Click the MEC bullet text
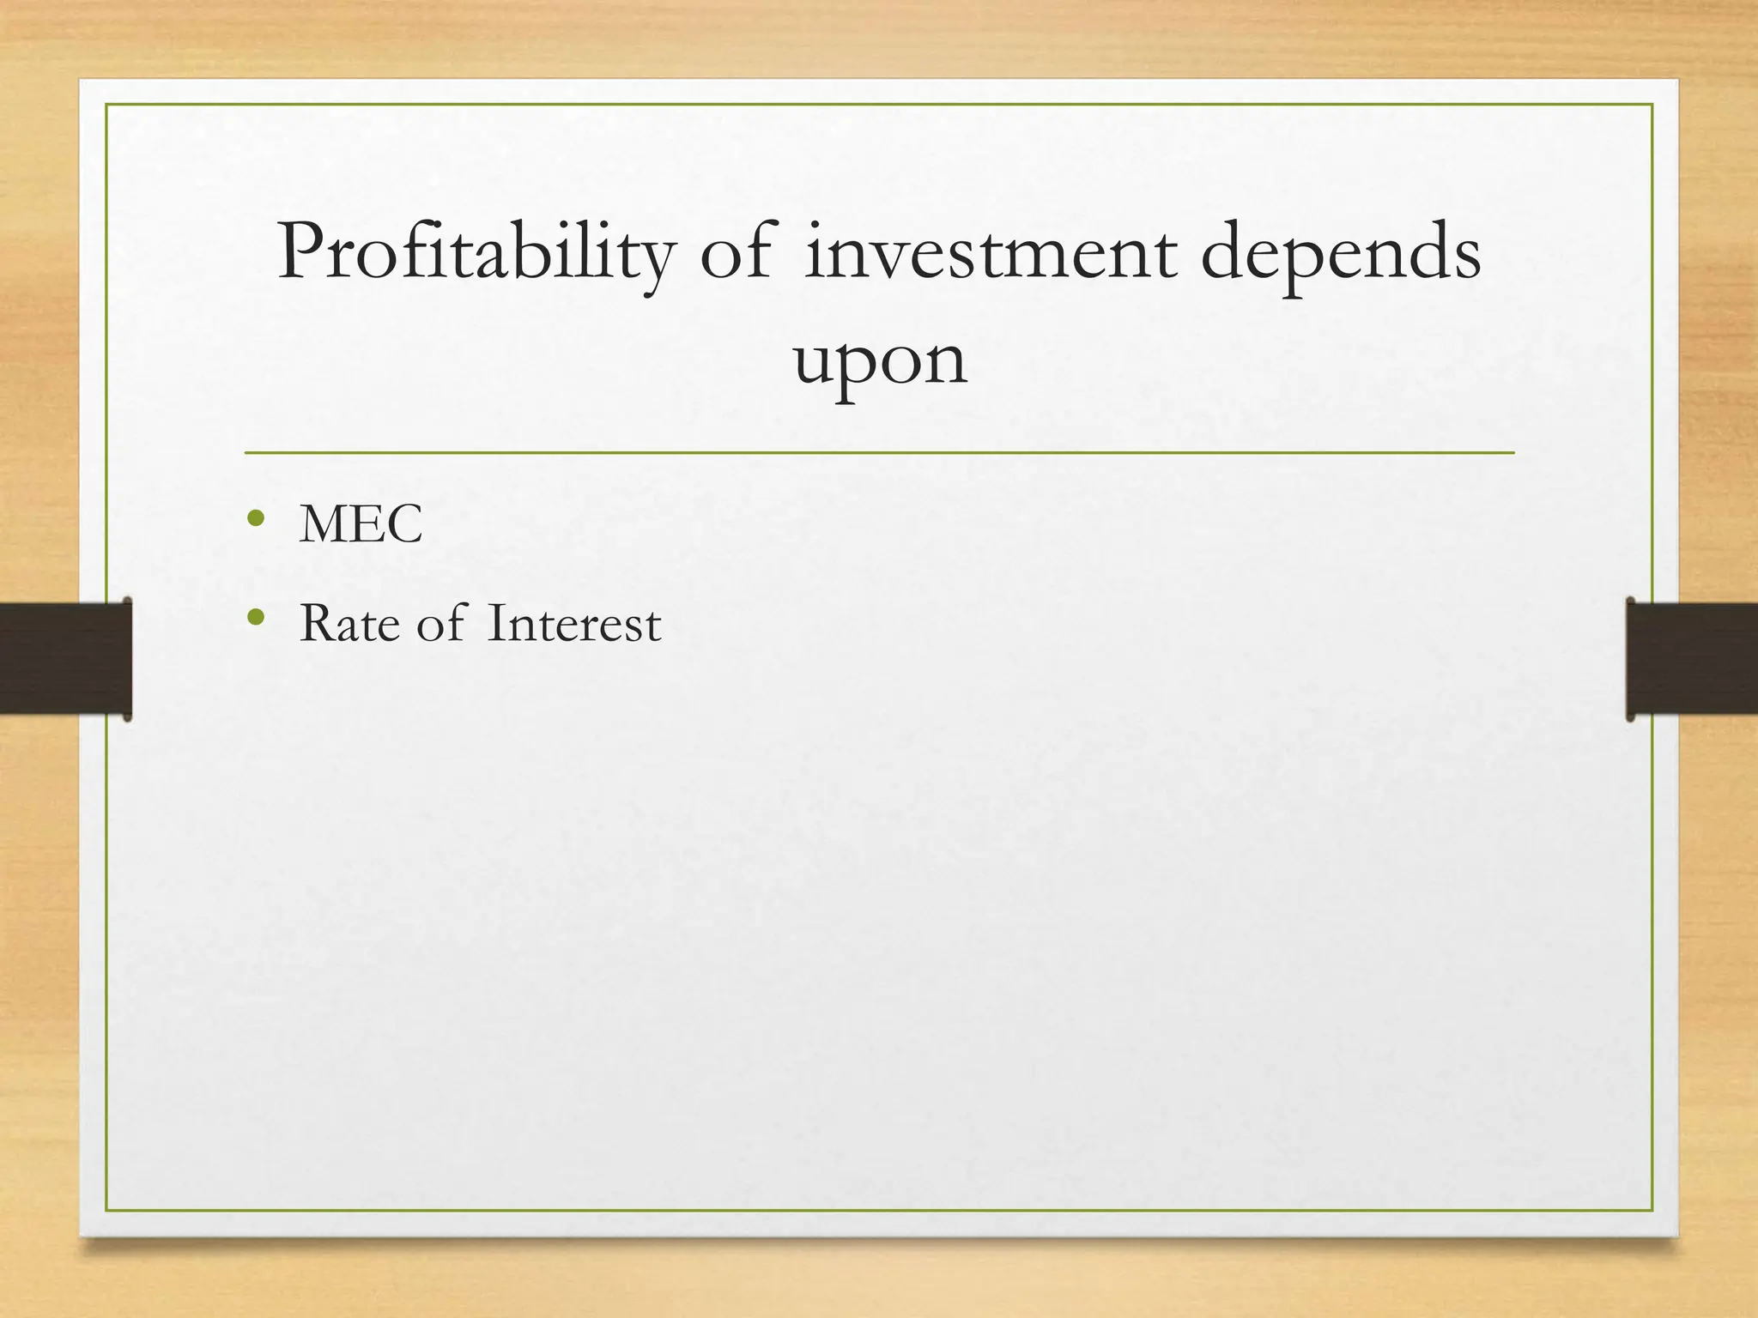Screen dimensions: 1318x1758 click(361, 524)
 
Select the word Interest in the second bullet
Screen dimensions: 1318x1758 click(573, 624)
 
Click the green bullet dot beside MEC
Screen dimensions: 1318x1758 click(255, 518)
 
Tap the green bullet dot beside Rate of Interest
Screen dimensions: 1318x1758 click(255, 617)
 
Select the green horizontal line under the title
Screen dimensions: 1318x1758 click(879, 452)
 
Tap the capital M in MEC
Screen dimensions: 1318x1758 click(322, 524)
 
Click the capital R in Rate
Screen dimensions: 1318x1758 click(315, 624)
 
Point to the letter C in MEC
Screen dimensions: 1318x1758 click(406, 524)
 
